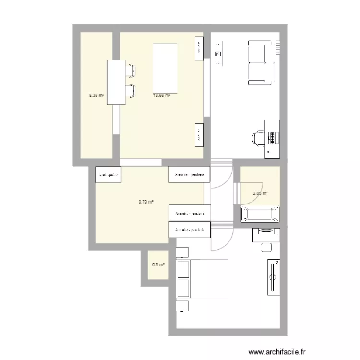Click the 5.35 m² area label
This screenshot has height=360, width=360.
pos(96,95)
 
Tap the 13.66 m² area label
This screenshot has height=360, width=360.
pos(161,95)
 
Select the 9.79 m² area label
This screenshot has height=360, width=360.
pos(145,202)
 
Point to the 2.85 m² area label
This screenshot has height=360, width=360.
pos(260,193)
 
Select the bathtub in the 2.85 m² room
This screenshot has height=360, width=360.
pos(259,214)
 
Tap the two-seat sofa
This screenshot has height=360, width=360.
pos(260,62)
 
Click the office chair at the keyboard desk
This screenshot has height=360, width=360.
pos(258,137)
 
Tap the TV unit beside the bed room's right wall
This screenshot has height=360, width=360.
pos(274,277)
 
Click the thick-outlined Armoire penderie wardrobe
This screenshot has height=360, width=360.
pos(190,230)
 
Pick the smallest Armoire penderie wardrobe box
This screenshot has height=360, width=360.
pos(108,175)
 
